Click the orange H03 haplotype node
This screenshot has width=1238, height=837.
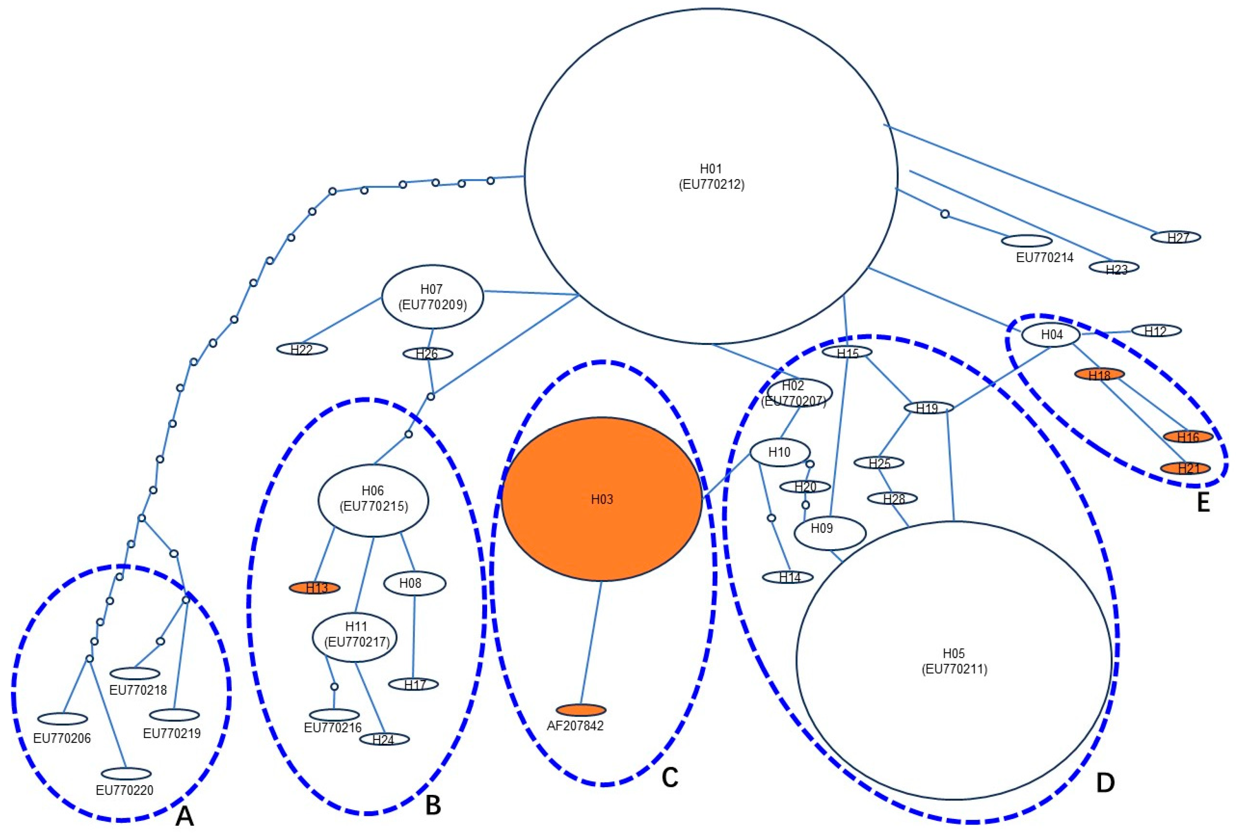(x=602, y=499)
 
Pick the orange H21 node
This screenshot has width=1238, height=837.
(x=1185, y=468)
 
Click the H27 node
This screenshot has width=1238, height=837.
(x=1176, y=237)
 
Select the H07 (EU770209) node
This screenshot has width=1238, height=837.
(x=432, y=297)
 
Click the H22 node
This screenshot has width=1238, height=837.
(x=302, y=349)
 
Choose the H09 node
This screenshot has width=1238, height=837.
(x=829, y=532)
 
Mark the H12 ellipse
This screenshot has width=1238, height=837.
(x=1156, y=331)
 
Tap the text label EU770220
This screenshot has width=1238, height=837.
(x=125, y=790)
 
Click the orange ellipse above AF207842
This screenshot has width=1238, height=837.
(x=581, y=710)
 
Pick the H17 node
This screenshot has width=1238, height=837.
(x=413, y=684)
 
